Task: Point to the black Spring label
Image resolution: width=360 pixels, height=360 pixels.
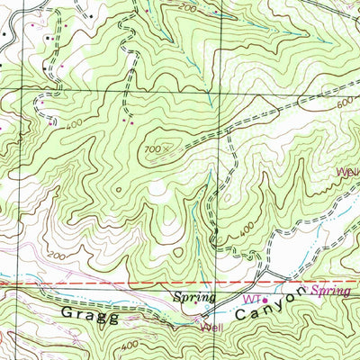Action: click(195, 296)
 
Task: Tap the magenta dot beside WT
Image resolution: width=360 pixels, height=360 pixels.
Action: click(265, 300)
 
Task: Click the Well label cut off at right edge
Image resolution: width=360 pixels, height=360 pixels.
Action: click(349, 169)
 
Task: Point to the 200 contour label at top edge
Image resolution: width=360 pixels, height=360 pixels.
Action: click(186, 7)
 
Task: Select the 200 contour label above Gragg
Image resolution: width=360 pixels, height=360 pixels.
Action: click(57, 258)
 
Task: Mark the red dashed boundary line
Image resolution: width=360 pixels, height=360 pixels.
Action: click(108, 283)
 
